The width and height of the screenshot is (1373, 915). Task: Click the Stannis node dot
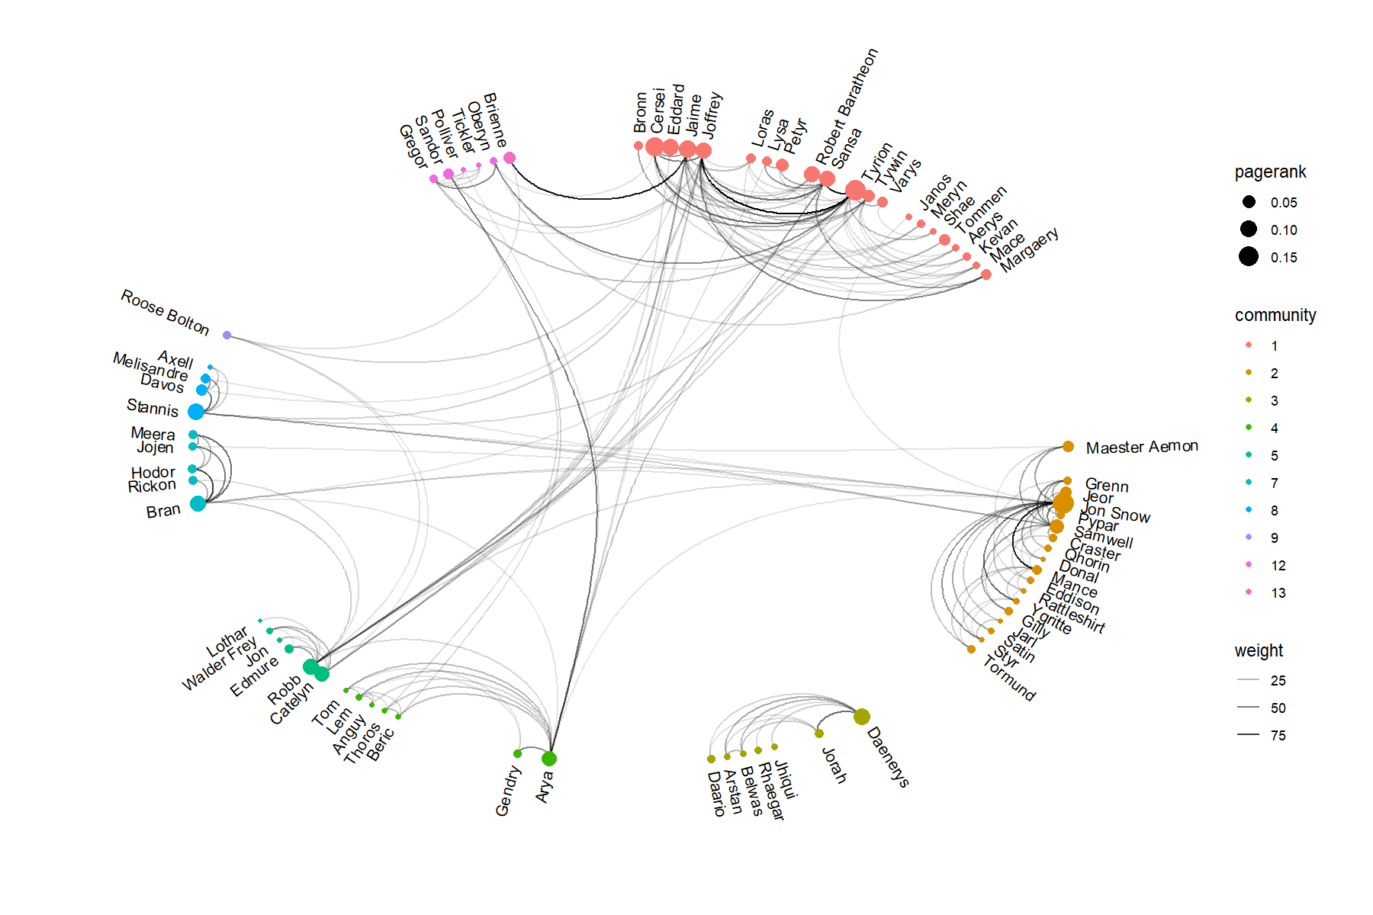click(196, 412)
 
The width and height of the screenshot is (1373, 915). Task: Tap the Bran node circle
click(198, 503)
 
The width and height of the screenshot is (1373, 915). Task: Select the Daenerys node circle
click(862, 717)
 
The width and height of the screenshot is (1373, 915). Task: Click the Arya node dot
click(549, 759)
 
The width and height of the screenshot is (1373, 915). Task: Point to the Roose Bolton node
click(227, 335)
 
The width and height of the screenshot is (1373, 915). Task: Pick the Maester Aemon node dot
click(1068, 447)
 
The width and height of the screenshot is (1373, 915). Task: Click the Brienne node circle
click(510, 158)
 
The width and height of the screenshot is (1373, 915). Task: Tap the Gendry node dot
click(518, 754)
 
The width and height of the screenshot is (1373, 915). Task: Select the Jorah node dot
click(819, 734)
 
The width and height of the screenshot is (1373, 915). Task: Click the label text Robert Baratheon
click(847, 107)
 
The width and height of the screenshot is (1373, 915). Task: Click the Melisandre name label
click(150, 366)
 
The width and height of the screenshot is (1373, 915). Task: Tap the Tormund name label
click(1008, 679)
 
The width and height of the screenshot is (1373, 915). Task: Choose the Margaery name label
click(1029, 249)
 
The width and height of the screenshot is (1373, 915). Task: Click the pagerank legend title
click(1270, 172)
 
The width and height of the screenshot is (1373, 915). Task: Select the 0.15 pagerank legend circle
click(1249, 257)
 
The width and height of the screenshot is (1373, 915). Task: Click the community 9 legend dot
click(1249, 538)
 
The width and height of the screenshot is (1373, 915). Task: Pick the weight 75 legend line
click(1249, 735)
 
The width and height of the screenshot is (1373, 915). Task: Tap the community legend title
click(1275, 316)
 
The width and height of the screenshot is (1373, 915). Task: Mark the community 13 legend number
click(1278, 593)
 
